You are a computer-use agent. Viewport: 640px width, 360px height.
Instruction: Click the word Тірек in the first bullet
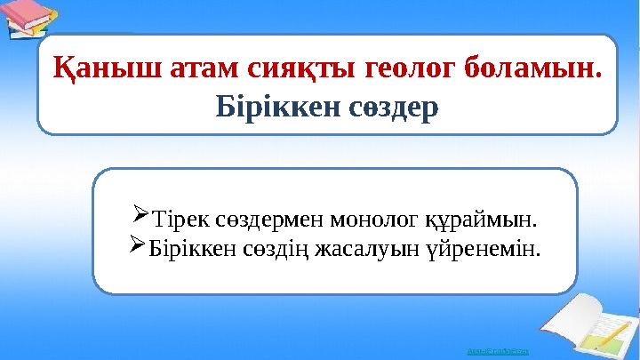(x=180, y=216)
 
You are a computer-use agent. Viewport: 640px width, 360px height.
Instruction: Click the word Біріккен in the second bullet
(x=188, y=245)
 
